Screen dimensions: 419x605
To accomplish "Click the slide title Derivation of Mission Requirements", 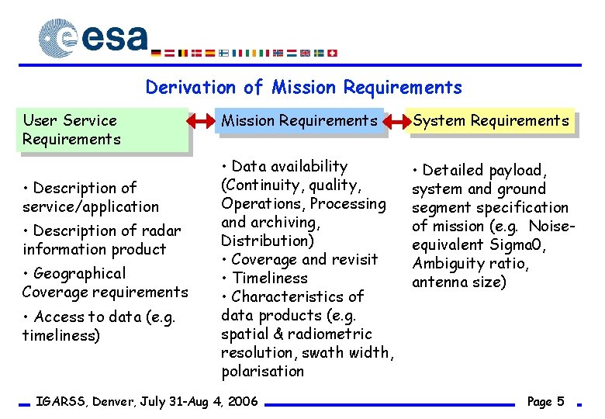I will [303, 87].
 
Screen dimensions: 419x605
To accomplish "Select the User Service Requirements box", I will [105, 130].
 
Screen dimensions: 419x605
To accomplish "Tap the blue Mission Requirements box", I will [299, 120].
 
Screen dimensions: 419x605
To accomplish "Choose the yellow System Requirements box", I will [491, 120].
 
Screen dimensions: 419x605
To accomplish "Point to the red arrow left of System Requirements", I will [396, 121].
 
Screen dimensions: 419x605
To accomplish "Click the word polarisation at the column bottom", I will [262, 371].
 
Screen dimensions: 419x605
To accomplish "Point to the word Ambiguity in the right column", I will [448, 263].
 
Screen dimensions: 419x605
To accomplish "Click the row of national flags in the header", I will [244, 53].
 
